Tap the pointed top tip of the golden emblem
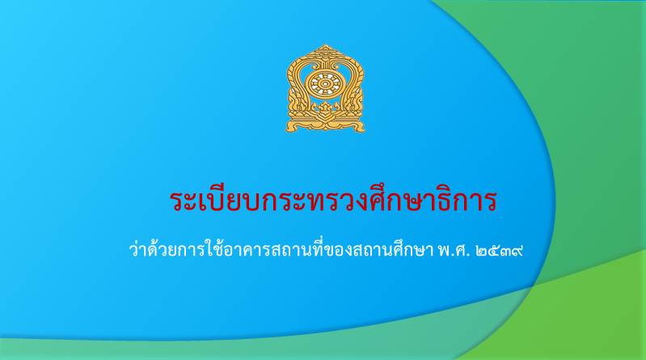click(x=326, y=44)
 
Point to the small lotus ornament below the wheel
click(x=325, y=108)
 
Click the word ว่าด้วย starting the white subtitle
click(x=151, y=250)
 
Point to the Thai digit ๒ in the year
click(x=481, y=251)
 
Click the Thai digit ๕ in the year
click(x=493, y=251)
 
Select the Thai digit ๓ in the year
click(x=505, y=251)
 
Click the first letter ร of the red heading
click(x=176, y=201)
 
